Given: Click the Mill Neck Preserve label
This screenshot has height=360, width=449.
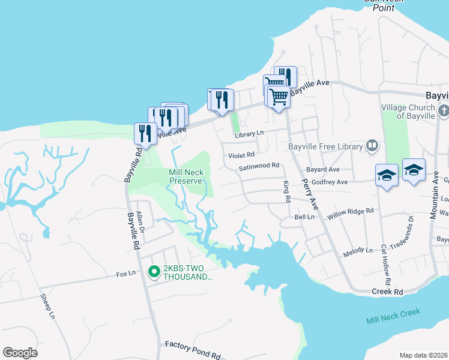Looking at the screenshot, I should click(x=186, y=176).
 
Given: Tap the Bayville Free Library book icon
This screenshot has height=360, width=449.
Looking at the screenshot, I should click(x=372, y=146).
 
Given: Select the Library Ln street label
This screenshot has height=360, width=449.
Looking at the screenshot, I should click(x=250, y=133).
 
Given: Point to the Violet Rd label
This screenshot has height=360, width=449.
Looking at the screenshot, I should click(x=241, y=154).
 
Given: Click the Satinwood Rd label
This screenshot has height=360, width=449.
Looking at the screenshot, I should click(x=259, y=166).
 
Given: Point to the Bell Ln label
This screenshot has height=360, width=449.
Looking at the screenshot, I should click(x=304, y=217).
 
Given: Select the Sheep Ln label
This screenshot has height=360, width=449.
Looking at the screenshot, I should click(x=47, y=306).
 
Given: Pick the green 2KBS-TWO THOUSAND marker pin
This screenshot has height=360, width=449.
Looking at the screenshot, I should click(x=154, y=272).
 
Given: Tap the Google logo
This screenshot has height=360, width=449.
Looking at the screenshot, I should click(x=20, y=353).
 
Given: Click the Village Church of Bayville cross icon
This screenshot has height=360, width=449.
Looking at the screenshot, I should click(x=443, y=110).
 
